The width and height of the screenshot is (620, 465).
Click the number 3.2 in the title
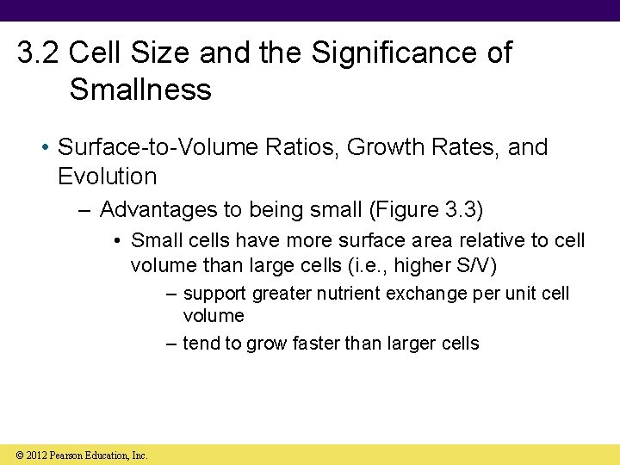pos(39,53)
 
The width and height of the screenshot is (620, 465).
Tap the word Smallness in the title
pos(140,90)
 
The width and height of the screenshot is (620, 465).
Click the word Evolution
pos(107,177)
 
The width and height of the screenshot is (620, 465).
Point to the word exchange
pos(427,294)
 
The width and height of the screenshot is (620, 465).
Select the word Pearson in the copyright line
pos(70,455)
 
